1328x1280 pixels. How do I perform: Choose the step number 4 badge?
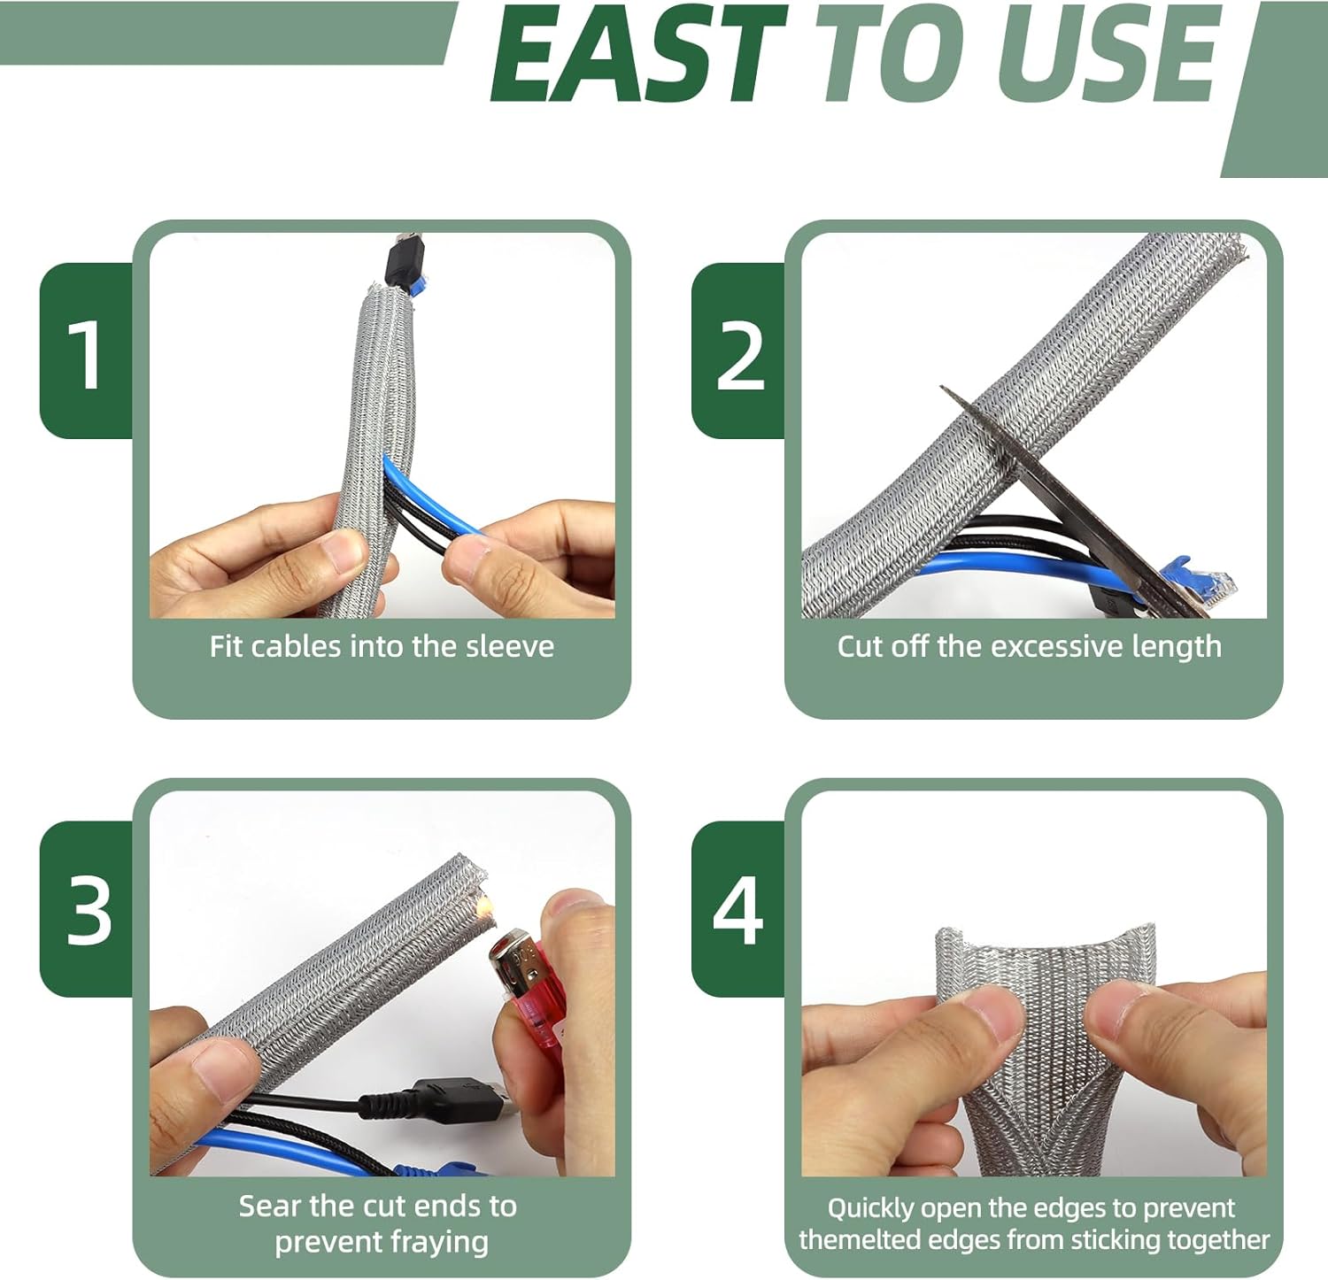[x=737, y=910]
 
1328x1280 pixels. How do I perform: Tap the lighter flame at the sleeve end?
[x=483, y=905]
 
